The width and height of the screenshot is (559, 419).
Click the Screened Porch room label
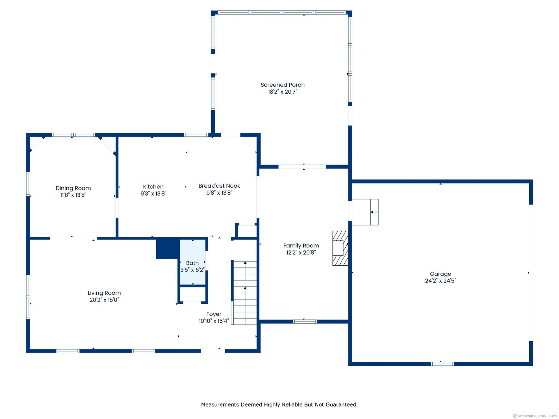click(x=282, y=85)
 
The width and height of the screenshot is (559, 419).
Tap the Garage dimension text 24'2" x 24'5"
click(x=441, y=281)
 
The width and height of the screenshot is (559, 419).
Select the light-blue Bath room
click(x=192, y=262)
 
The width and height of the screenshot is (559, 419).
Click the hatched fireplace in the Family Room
click(x=340, y=248)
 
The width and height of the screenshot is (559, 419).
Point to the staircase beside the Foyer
click(x=245, y=293)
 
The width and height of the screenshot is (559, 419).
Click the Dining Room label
click(x=73, y=188)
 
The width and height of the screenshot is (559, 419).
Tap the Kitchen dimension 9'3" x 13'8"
click(x=153, y=193)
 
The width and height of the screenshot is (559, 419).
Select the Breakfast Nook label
click(x=219, y=186)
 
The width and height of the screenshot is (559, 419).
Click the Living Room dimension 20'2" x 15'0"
click(x=104, y=300)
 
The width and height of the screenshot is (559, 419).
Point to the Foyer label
click(x=214, y=314)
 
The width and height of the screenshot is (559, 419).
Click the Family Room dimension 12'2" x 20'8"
click(x=301, y=253)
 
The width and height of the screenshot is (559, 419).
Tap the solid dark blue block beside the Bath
click(x=168, y=249)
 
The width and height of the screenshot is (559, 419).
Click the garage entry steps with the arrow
click(x=365, y=212)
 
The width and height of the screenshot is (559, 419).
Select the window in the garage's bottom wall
click(x=442, y=364)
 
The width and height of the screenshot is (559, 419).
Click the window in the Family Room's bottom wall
click(x=305, y=322)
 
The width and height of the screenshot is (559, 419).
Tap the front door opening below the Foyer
click(x=213, y=351)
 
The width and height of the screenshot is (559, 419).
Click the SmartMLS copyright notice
click(x=535, y=416)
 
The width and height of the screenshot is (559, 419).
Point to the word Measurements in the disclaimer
click(x=220, y=404)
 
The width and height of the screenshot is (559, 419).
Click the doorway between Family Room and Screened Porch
click(x=302, y=167)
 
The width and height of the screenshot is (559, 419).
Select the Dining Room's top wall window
click(x=74, y=135)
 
